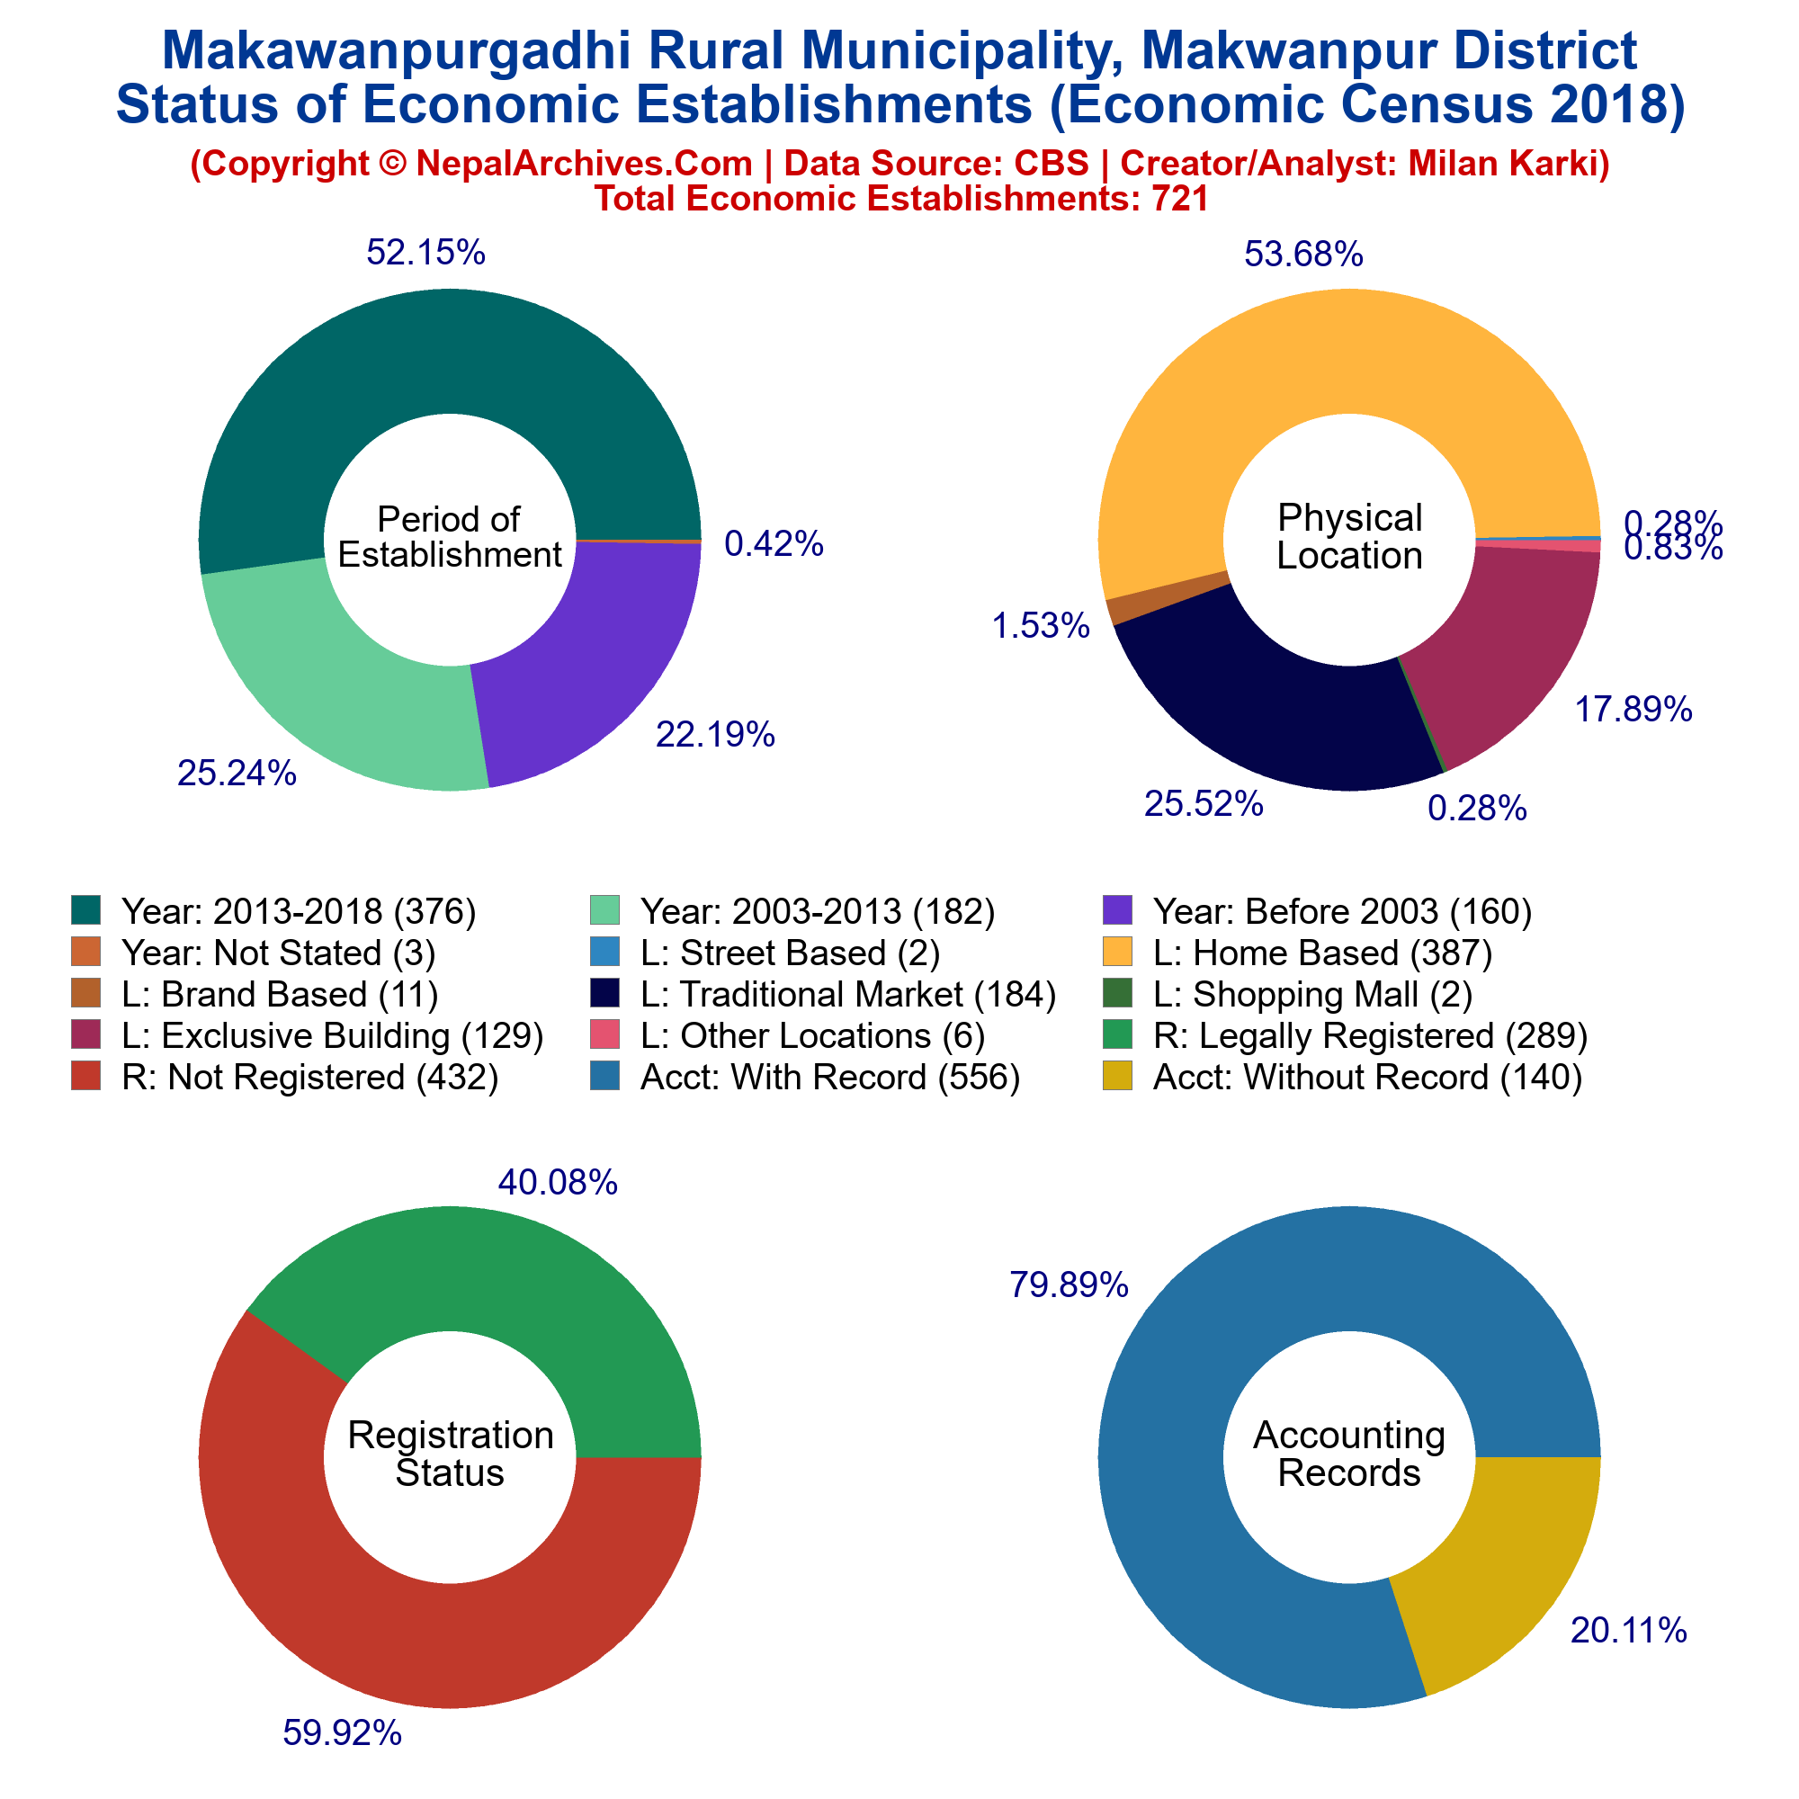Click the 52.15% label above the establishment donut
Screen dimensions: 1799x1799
click(425, 253)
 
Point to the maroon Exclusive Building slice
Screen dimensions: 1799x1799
click(1508, 642)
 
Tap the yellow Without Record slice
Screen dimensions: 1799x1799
click(1499, 1564)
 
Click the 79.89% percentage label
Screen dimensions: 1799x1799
click(1069, 1286)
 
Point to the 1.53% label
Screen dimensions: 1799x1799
click(1040, 627)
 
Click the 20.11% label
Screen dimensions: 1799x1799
click(1629, 1631)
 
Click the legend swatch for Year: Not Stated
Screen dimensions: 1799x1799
click(85, 953)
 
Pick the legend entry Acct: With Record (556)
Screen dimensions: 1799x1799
click(805, 1078)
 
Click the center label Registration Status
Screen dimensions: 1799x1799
click(451, 1454)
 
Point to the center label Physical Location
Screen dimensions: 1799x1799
click(1350, 536)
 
